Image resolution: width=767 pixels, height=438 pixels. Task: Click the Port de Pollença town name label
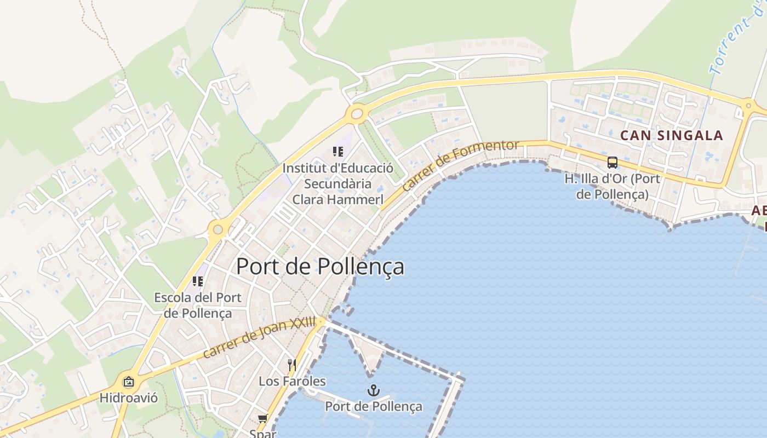(320, 267)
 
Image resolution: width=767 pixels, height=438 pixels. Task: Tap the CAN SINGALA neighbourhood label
(671, 135)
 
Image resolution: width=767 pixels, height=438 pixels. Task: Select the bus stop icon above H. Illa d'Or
(612, 163)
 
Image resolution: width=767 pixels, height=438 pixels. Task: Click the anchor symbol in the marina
(373, 390)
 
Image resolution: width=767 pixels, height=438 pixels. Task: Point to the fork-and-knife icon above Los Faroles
(292, 365)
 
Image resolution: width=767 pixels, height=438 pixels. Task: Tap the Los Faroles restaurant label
(292, 381)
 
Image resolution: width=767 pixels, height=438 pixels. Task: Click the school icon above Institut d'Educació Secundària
(337, 152)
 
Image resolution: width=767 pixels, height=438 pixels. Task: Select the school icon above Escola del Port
(198, 281)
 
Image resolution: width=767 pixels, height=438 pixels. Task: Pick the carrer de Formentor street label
(460, 164)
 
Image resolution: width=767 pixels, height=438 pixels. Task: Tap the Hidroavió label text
(129, 398)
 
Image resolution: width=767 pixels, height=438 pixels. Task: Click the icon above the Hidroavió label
(129, 382)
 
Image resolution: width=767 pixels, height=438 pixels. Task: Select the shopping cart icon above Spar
(262, 419)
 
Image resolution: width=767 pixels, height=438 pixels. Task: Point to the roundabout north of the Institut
(357, 114)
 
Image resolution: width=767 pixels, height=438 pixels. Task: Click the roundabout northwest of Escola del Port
(218, 229)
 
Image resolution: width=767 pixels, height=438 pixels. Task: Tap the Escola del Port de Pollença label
(198, 306)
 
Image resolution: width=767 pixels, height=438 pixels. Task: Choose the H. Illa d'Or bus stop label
(612, 187)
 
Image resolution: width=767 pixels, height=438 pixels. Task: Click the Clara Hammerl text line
(337, 200)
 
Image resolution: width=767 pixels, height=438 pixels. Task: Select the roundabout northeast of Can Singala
(748, 106)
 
